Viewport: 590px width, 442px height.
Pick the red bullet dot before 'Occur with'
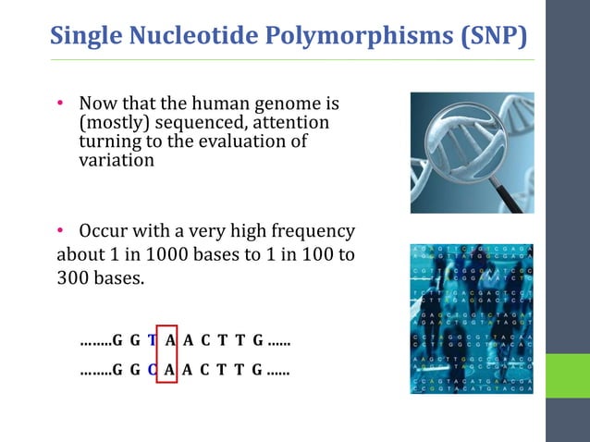click(62, 231)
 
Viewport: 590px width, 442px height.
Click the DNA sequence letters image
click(473, 319)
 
